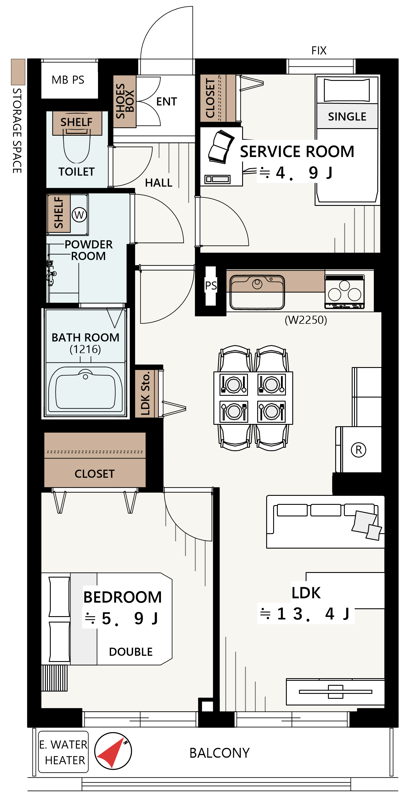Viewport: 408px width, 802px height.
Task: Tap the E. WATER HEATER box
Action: pyautogui.click(x=64, y=752)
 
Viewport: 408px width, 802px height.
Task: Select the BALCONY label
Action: pyautogui.click(x=220, y=753)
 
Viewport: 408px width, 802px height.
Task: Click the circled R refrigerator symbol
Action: pyautogui.click(x=358, y=450)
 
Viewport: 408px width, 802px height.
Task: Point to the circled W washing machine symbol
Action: pyautogui.click(x=79, y=215)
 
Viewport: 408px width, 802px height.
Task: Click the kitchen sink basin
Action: pyautogui.click(x=257, y=292)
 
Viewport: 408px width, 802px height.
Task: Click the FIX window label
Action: pyautogui.click(x=319, y=50)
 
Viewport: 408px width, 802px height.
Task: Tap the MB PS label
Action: pyautogui.click(x=68, y=80)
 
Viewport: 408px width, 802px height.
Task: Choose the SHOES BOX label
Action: pyautogui.click(x=125, y=101)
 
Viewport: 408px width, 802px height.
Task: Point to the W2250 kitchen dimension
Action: pyautogui.click(x=306, y=320)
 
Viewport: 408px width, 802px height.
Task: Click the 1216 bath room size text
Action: pyautogui.click(x=85, y=349)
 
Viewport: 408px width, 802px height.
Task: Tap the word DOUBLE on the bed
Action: pyautogui.click(x=131, y=652)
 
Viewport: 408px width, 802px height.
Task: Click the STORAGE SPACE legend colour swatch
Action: pyautogui.click(x=18, y=72)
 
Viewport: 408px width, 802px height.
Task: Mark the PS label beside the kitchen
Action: pyautogui.click(x=211, y=286)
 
